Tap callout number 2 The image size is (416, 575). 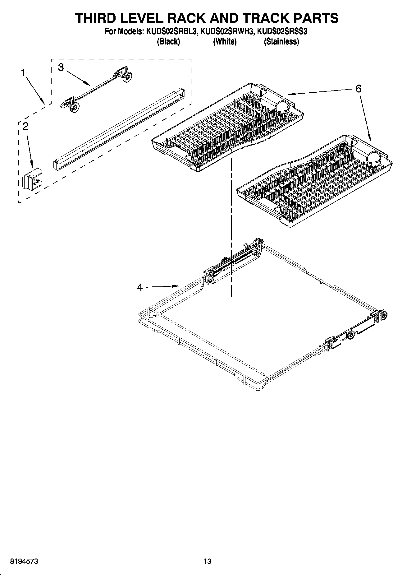[25, 126]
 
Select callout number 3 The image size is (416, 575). [61, 67]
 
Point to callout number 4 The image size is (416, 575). [140, 288]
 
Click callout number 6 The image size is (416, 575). [359, 89]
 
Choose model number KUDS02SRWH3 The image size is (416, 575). [226, 31]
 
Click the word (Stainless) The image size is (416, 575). [281, 41]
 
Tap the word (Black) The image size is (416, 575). [168, 41]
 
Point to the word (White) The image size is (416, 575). [225, 41]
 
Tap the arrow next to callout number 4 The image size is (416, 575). [163, 286]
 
